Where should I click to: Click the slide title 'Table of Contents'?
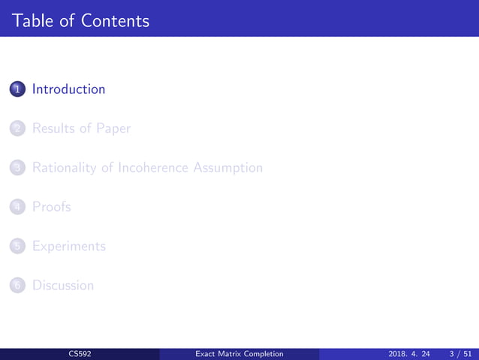coord(81,20)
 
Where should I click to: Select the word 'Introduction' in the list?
coord(68,89)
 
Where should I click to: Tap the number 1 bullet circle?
coord(18,89)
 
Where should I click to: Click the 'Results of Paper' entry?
coord(81,129)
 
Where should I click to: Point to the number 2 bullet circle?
coord(18,129)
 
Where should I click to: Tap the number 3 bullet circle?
coord(18,168)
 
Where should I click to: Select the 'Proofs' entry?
coord(51,207)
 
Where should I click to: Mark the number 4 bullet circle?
coord(18,207)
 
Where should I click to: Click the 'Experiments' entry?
coord(68,246)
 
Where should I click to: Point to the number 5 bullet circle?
coord(18,246)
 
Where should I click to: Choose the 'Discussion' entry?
coord(63,285)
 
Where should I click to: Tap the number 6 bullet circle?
coord(18,285)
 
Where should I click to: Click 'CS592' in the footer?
coord(80,353)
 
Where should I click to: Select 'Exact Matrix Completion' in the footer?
coord(239,353)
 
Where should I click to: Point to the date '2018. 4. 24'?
coord(410,353)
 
